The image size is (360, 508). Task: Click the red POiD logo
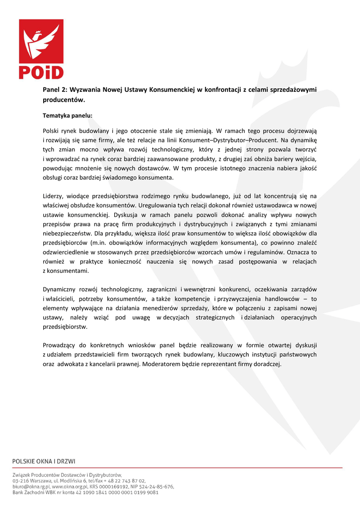click(41, 50)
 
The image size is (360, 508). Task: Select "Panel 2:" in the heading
click(55, 90)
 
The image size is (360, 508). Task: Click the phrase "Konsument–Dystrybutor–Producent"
click(224, 140)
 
